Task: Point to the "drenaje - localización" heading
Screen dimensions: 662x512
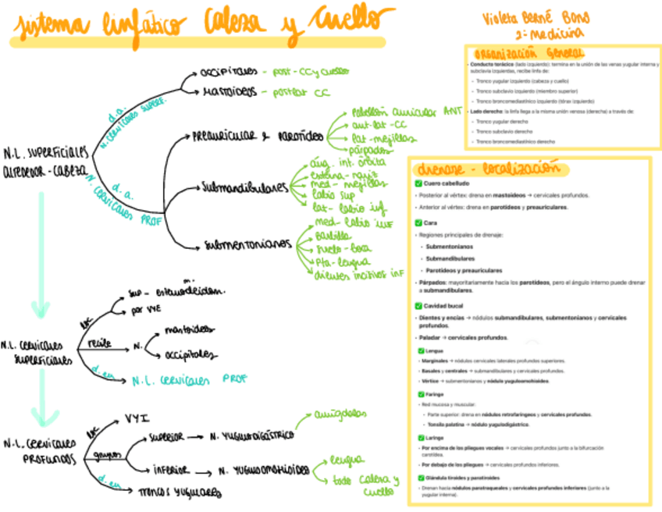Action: (x=489, y=169)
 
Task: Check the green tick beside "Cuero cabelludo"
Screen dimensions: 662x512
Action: (x=418, y=183)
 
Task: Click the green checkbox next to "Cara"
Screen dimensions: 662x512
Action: (x=418, y=222)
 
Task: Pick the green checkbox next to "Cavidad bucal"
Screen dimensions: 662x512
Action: (x=418, y=306)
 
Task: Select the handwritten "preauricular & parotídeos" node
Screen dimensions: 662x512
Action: (x=258, y=137)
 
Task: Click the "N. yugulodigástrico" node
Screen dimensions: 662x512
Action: (x=258, y=434)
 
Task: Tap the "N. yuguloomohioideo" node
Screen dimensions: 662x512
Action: (x=262, y=471)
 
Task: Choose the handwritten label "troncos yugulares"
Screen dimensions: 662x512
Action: (x=179, y=492)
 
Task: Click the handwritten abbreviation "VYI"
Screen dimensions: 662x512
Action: (x=137, y=418)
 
